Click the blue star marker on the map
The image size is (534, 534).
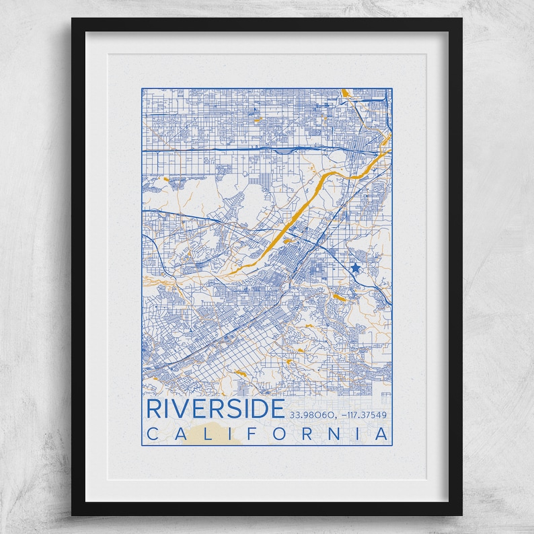[355, 268]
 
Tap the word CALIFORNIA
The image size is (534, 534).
[268, 434]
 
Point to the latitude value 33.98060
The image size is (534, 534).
[311, 414]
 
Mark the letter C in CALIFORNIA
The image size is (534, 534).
[151, 434]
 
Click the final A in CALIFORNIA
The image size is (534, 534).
[382, 434]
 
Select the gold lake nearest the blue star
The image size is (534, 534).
[340, 296]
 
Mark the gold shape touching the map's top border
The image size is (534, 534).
[344, 92]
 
